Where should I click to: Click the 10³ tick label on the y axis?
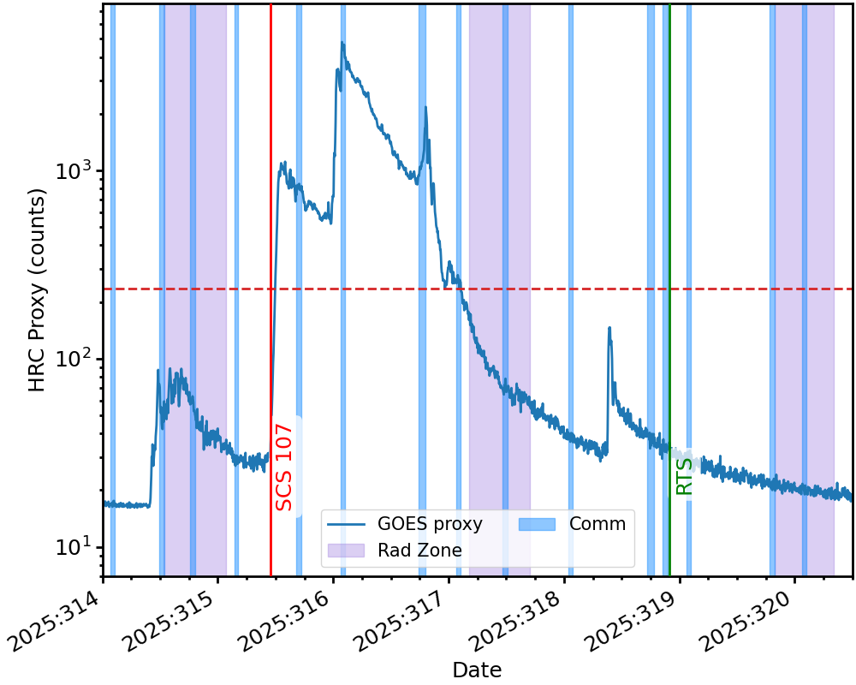coord(75,170)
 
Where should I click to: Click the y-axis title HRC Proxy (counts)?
coord(37,289)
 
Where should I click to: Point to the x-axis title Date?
coord(477,670)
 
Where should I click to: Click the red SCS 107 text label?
coord(284,468)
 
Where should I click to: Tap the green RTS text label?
coord(685,476)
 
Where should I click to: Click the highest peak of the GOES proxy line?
coord(342,42)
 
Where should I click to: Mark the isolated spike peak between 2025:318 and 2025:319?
coord(609,327)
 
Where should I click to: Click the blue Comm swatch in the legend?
coord(537,524)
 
